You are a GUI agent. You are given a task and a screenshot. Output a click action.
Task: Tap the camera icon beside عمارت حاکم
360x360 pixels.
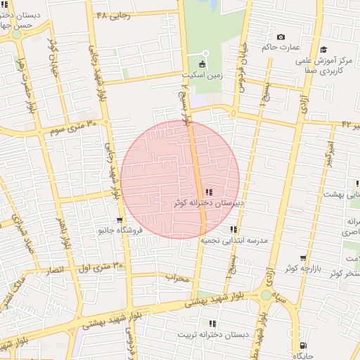click(281, 37)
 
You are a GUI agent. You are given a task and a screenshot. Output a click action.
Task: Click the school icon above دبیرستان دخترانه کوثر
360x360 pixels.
click(209, 192)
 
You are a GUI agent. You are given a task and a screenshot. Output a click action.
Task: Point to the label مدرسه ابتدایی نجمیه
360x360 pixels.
click(235, 240)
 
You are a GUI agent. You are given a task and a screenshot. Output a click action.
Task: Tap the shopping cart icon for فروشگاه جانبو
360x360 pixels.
click(120, 220)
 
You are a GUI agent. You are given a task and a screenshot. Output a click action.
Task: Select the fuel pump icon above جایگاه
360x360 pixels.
click(303, 345)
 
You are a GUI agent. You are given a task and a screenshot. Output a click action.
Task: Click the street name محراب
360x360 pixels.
click(178, 278)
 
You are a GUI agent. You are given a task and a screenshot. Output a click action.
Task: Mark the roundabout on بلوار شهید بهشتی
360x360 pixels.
click(266, 295)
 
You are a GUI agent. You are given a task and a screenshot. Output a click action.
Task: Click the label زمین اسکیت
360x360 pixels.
click(202, 73)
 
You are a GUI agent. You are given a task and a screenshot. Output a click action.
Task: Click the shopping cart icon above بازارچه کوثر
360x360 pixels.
click(303, 258)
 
